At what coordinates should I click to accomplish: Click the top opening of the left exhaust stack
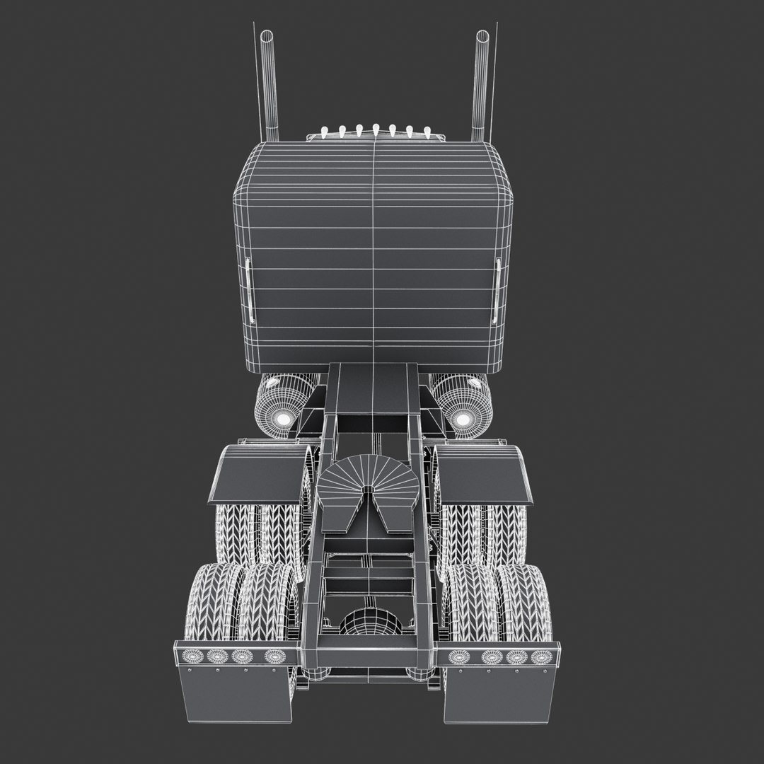pos(267,35)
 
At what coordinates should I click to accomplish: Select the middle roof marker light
pos(376,129)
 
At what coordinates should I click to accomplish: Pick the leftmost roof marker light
pos(325,132)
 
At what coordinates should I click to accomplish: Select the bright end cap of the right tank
pos(463,419)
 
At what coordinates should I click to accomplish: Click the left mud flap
pos(233,693)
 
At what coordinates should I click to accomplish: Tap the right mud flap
pos(499,693)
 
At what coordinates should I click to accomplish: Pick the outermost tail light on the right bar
pos(543,656)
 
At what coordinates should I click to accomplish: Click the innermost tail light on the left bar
pos(276,656)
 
